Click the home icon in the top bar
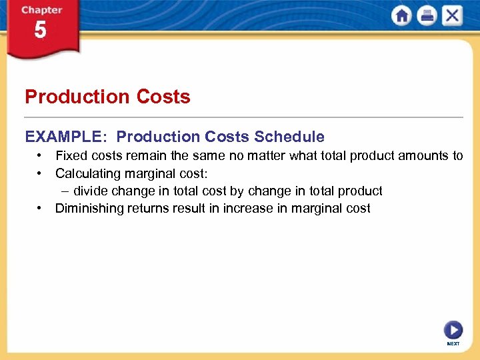point(401,16)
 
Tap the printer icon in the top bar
point(427,16)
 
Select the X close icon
point(452,16)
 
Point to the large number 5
point(40,31)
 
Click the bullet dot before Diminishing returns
point(41,209)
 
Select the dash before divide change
point(65,191)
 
